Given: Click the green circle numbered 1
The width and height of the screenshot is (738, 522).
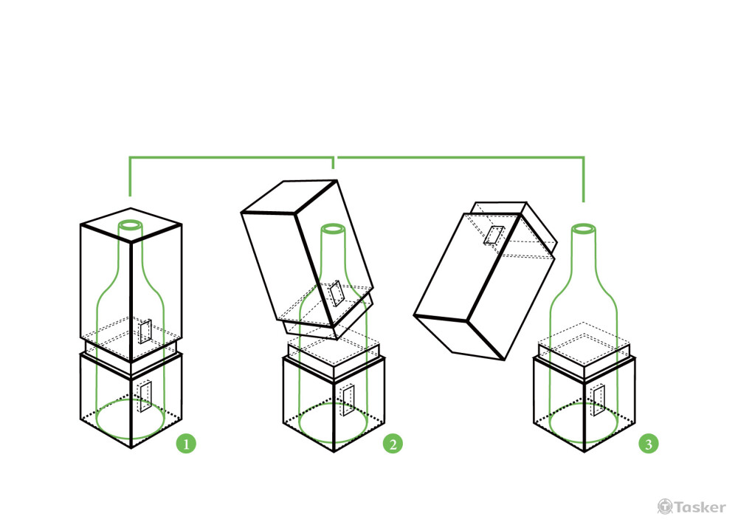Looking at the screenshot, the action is point(186,444).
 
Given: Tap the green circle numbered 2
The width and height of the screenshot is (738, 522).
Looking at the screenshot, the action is point(393,444).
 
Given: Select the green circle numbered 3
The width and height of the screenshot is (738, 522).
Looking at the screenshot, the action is point(649,444).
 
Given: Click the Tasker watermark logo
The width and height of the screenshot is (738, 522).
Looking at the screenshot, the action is point(692,507).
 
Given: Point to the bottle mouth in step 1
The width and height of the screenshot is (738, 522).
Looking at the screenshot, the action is point(131,224).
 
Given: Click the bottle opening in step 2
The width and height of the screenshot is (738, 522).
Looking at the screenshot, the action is point(334,229).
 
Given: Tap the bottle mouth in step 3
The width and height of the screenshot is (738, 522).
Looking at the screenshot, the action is point(584,229).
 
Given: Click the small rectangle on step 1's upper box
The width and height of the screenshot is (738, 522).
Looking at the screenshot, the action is point(145,332).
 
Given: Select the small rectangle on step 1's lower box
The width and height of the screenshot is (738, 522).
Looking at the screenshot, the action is point(145,396).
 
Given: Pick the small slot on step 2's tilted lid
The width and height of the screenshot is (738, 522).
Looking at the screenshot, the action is point(337,294).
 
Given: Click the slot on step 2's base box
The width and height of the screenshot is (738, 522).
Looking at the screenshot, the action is point(348,400).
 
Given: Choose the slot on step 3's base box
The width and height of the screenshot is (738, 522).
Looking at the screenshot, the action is point(599,400).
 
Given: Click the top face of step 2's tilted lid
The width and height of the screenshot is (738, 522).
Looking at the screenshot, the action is point(289,196).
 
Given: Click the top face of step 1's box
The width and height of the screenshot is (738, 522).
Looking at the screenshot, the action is point(131,225).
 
